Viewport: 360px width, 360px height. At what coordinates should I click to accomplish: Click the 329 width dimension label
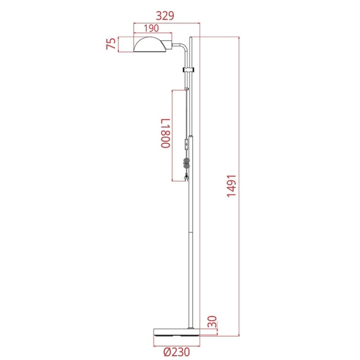(x=165, y=15)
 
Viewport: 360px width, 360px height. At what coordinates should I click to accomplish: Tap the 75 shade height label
(x=112, y=44)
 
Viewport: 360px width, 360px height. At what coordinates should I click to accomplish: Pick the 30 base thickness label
(x=212, y=321)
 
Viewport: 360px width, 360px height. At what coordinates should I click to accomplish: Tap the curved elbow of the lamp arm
(x=184, y=47)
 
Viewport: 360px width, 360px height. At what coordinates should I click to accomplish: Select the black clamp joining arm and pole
(x=189, y=69)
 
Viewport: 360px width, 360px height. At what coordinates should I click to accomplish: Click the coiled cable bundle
(x=186, y=163)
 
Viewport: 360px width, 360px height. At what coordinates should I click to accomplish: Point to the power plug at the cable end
(x=186, y=177)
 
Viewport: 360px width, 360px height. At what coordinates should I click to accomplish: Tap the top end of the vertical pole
(x=192, y=38)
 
